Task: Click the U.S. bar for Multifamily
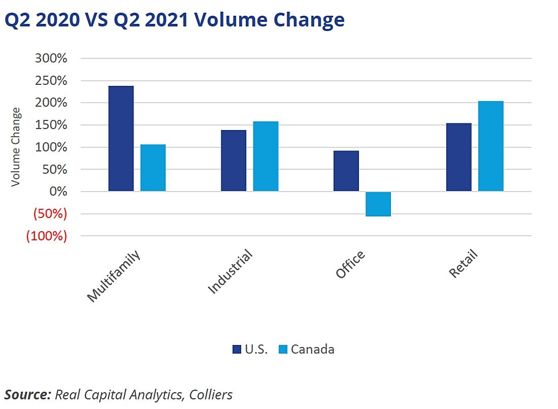121,139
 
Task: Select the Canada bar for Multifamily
153,168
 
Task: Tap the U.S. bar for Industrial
234,161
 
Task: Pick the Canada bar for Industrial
266,156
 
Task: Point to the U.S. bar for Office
346,171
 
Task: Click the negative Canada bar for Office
378,204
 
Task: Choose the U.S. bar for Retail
458,158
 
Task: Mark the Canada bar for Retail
490,146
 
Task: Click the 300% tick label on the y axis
51,58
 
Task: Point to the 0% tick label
57,192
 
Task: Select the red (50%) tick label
50,214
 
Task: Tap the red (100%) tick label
47,236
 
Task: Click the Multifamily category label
113,276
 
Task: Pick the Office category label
350,265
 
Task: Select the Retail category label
464,264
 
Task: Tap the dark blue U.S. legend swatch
237,349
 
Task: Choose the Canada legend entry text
312,349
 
